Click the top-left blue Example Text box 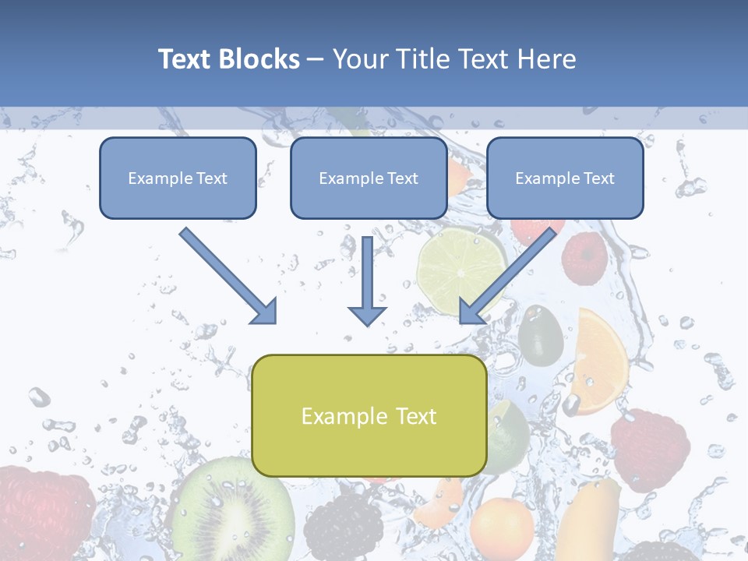coord(178,178)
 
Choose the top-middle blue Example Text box coord(369,178)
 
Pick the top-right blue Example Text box coord(565,178)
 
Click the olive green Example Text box coord(369,416)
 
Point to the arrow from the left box coord(229,276)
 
